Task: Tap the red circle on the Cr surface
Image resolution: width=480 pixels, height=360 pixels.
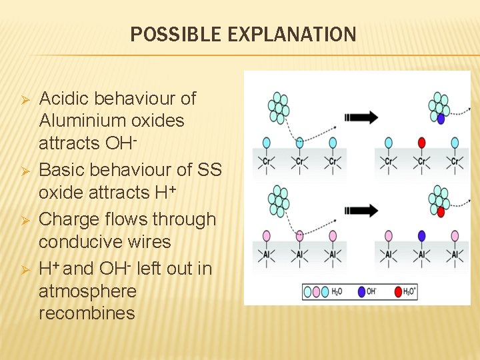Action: [421, 143]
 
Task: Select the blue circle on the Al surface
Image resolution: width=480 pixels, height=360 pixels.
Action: [421, 235]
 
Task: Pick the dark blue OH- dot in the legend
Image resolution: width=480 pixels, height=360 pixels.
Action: [361, 291]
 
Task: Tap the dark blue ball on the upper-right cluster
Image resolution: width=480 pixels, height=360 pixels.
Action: [441, 119]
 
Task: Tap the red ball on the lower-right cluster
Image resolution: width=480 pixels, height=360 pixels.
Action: [441, 211]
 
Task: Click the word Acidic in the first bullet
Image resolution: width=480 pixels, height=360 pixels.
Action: [65, 99]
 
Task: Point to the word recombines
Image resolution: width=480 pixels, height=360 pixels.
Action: [87, 313]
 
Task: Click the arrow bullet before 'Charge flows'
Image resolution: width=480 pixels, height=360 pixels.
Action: [23, 220]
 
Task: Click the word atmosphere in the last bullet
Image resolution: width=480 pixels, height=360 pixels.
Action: [87, 291]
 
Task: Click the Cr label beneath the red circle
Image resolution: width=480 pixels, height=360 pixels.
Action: [421, 161]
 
